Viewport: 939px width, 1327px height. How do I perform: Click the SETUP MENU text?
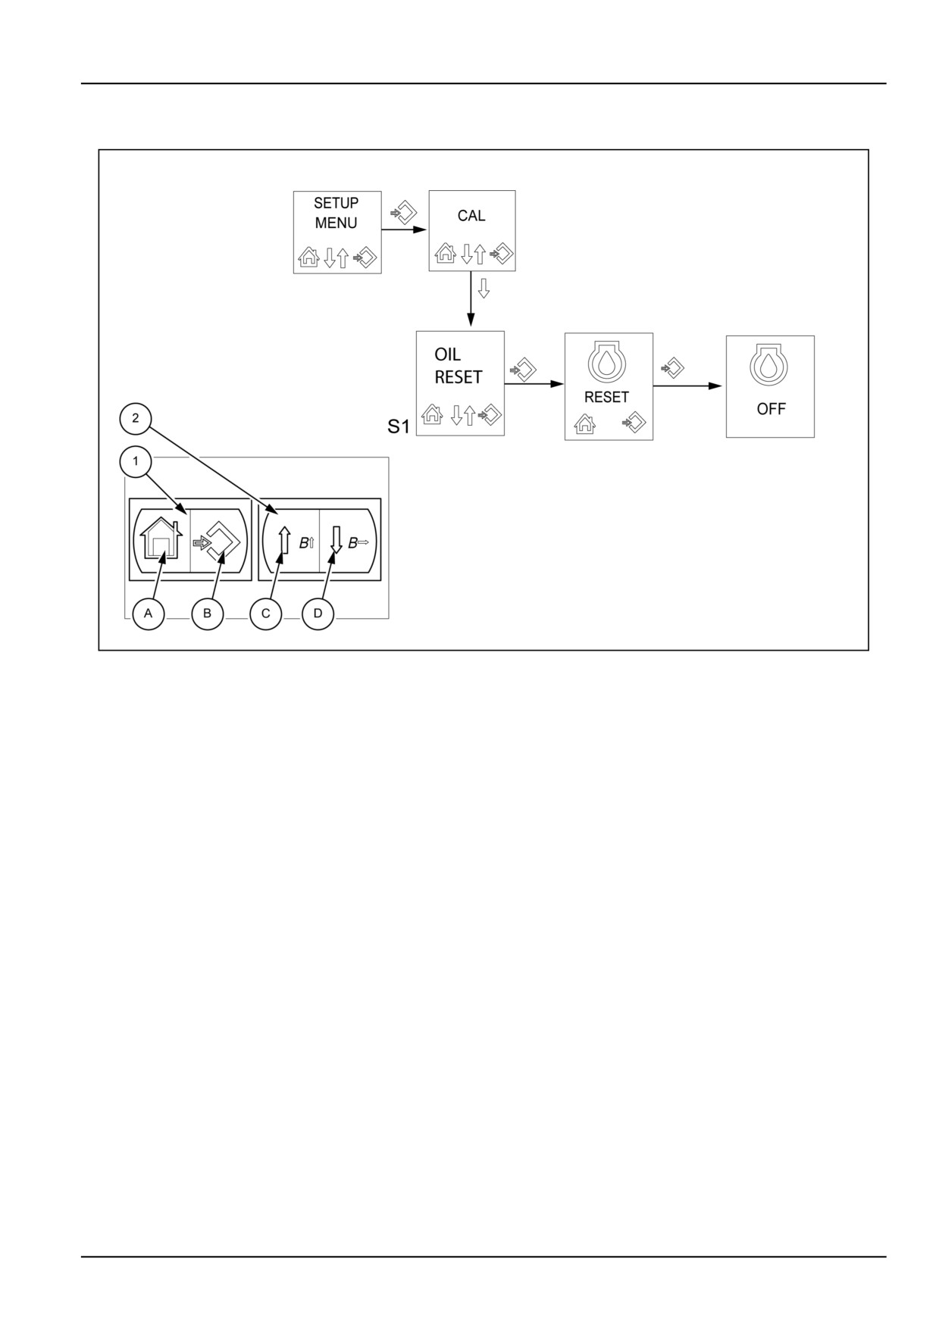(336, 213)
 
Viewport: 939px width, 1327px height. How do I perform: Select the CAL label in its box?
(471, 216)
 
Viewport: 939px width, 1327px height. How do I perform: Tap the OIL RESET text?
(459, 366)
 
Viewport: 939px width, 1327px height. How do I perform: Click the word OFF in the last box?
(771, 409)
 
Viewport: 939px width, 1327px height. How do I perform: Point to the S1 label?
(399, 427)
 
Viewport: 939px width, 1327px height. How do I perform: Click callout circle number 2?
(136, 419)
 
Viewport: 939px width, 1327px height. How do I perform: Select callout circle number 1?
(136, 461)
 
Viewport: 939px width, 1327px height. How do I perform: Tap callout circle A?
(149, 614)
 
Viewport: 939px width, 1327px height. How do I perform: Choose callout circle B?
(207, 614)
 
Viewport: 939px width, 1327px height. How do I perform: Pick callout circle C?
(266, 614)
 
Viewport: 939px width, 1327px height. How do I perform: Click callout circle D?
(318, 614)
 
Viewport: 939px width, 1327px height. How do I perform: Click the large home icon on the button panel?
(161, 538)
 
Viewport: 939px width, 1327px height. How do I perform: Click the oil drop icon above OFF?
(769, 365)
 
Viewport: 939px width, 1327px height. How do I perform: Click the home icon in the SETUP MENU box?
(308, 258)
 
